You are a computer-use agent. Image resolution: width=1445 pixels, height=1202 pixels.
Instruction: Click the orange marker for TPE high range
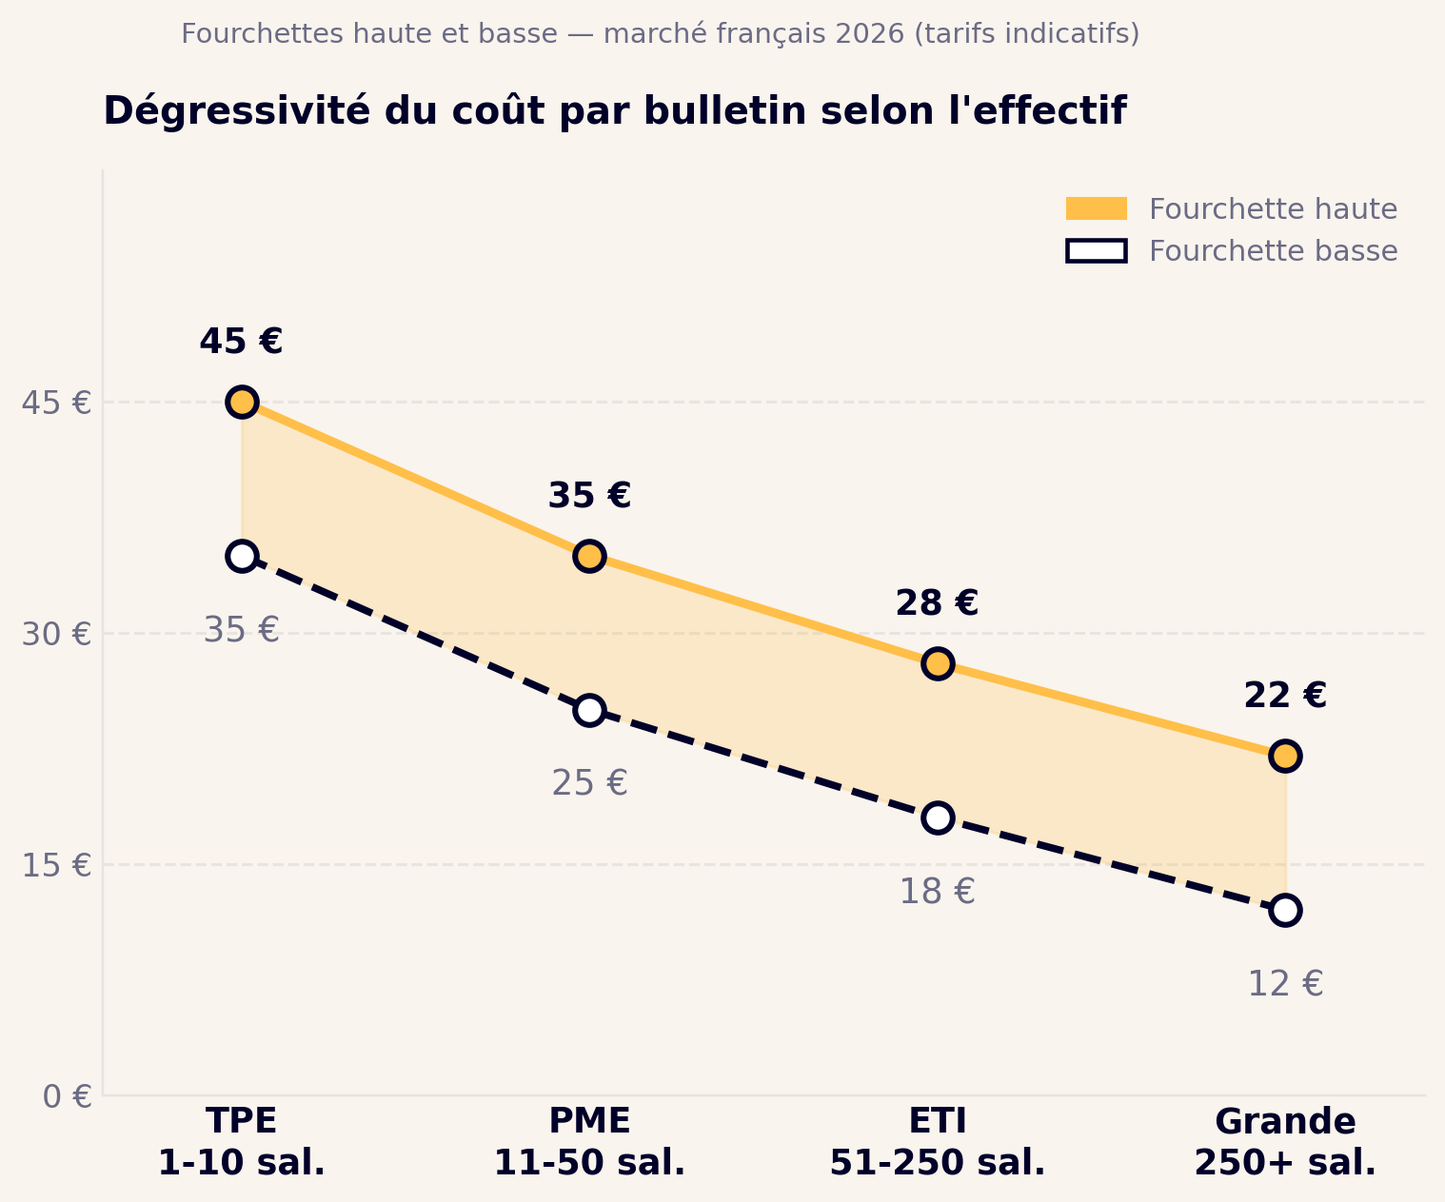pos(242,402)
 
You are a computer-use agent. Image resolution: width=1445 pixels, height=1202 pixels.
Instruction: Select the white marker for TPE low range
pos(242,556)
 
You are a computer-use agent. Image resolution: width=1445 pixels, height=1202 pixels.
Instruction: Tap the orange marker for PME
pos(589,556)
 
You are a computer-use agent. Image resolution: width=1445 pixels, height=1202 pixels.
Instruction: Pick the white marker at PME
pos(589,710)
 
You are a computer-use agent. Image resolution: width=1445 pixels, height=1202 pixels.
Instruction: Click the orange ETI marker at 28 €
pos(938,663)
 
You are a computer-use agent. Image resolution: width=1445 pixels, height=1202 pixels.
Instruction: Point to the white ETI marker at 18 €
pos(938,818)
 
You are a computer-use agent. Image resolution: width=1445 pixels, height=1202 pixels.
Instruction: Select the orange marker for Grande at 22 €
pos(1285,756)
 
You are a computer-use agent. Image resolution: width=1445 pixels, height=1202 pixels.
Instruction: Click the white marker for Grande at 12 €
pos(1285,910)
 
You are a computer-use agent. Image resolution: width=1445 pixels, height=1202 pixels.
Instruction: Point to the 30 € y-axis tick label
pos(56,634)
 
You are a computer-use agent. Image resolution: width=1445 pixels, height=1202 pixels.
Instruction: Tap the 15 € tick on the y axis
pos(56,865)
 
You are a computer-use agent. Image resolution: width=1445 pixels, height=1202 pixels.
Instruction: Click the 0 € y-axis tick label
pos(67,1096)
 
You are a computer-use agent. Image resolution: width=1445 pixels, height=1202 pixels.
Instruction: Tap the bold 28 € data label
pos(937,603)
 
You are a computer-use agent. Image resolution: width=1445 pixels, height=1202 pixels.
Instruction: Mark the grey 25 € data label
pos(589,783)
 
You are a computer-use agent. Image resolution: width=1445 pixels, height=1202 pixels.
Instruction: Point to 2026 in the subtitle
pos(870,34)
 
